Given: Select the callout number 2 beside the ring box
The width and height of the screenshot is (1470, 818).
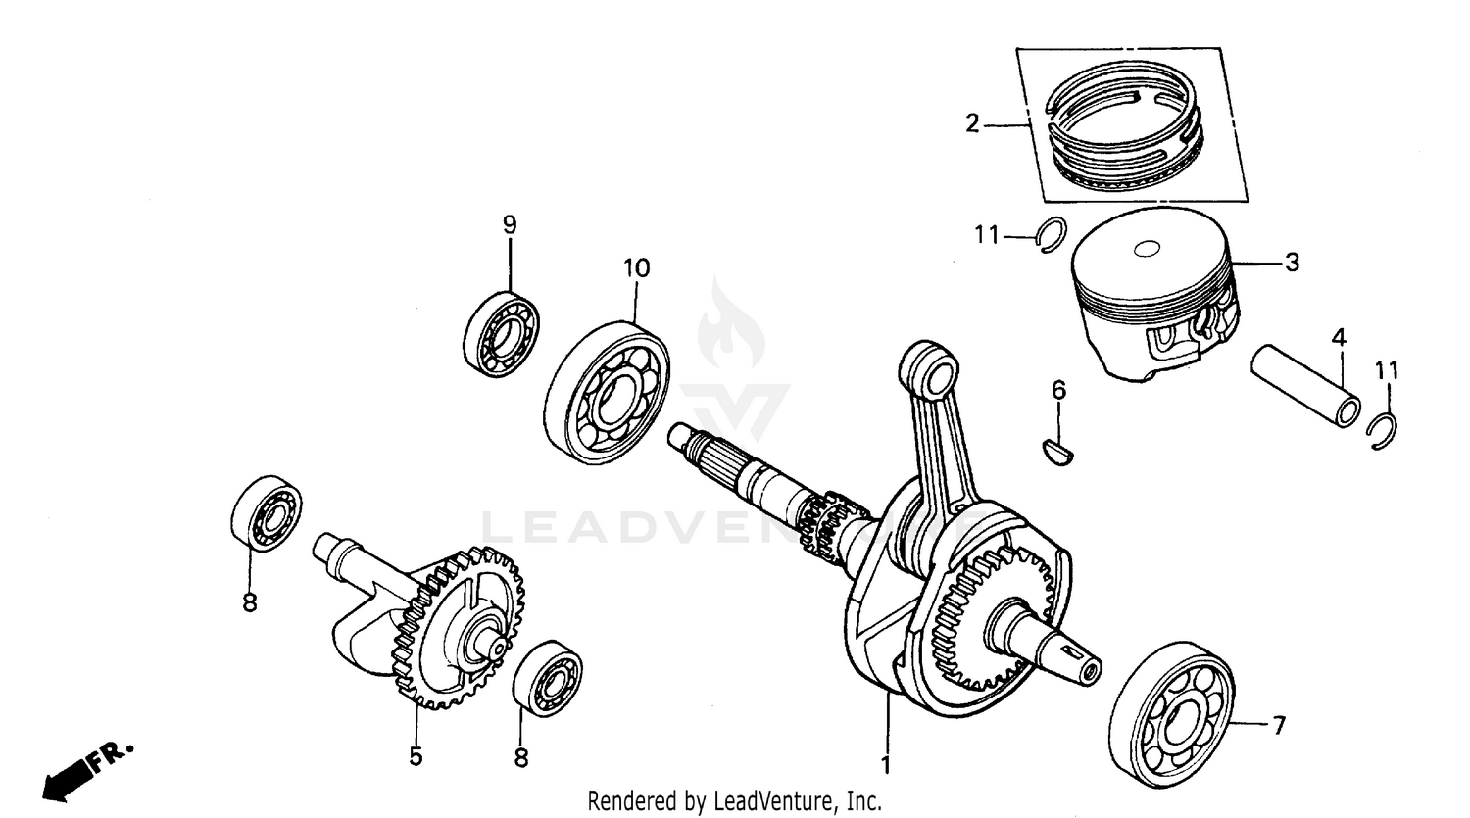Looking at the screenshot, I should [x=971, y=124].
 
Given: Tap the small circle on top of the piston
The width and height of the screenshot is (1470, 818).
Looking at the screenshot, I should [x=1146, y=250].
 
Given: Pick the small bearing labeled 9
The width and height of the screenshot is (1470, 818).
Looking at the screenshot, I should [x=502, y=333].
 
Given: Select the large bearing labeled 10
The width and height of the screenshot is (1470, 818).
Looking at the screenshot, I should [x=608, y=391].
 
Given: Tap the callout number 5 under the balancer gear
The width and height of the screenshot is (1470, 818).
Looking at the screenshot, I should [x=416, y=756].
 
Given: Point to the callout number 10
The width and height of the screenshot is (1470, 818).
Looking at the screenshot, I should [x=635, y=267].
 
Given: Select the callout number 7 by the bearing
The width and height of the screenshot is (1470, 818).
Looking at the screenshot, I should [x=1277, y=726].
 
